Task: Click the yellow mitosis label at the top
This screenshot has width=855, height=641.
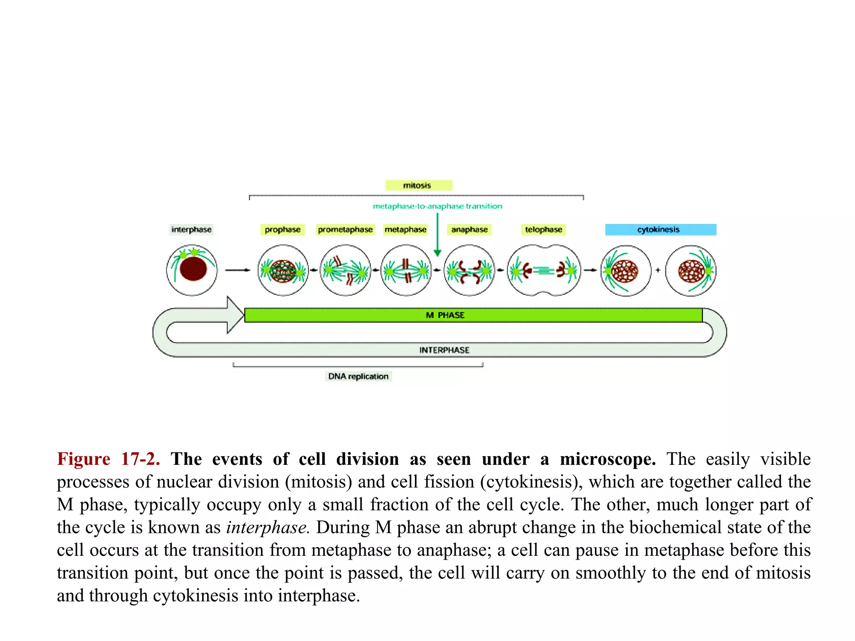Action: coord(418,185)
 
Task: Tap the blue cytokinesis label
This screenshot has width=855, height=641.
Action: coord(660,230)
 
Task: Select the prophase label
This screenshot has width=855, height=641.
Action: coord(283,230)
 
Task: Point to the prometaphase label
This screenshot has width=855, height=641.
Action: coord(345,230)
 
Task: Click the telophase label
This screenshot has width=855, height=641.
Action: coord(544,230)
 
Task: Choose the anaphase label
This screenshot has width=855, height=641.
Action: coord(470,230)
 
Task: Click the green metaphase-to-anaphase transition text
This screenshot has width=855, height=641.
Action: coord(438,206)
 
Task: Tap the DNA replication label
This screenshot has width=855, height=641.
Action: coord(358,376)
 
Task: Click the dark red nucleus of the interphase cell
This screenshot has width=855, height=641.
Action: coord(193,269)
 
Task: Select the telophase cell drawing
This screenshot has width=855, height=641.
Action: coord(544,271)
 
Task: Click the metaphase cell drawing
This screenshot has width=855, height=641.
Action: coord(406,271)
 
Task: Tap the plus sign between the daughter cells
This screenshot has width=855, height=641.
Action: coord(658,270)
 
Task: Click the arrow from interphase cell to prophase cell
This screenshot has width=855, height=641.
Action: coord(237,270)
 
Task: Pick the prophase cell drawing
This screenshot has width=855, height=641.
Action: coord(283,271)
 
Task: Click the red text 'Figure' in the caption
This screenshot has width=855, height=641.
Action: coord(83,459)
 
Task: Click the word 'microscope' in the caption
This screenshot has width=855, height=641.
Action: coord(607,459)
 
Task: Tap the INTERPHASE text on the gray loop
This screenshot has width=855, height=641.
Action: coord(444,350)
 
